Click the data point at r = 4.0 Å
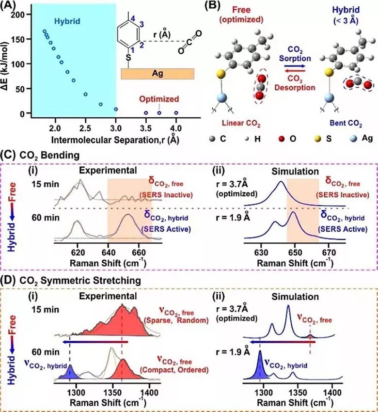(x=176, y=112)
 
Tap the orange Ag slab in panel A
(x=157, y=73)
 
